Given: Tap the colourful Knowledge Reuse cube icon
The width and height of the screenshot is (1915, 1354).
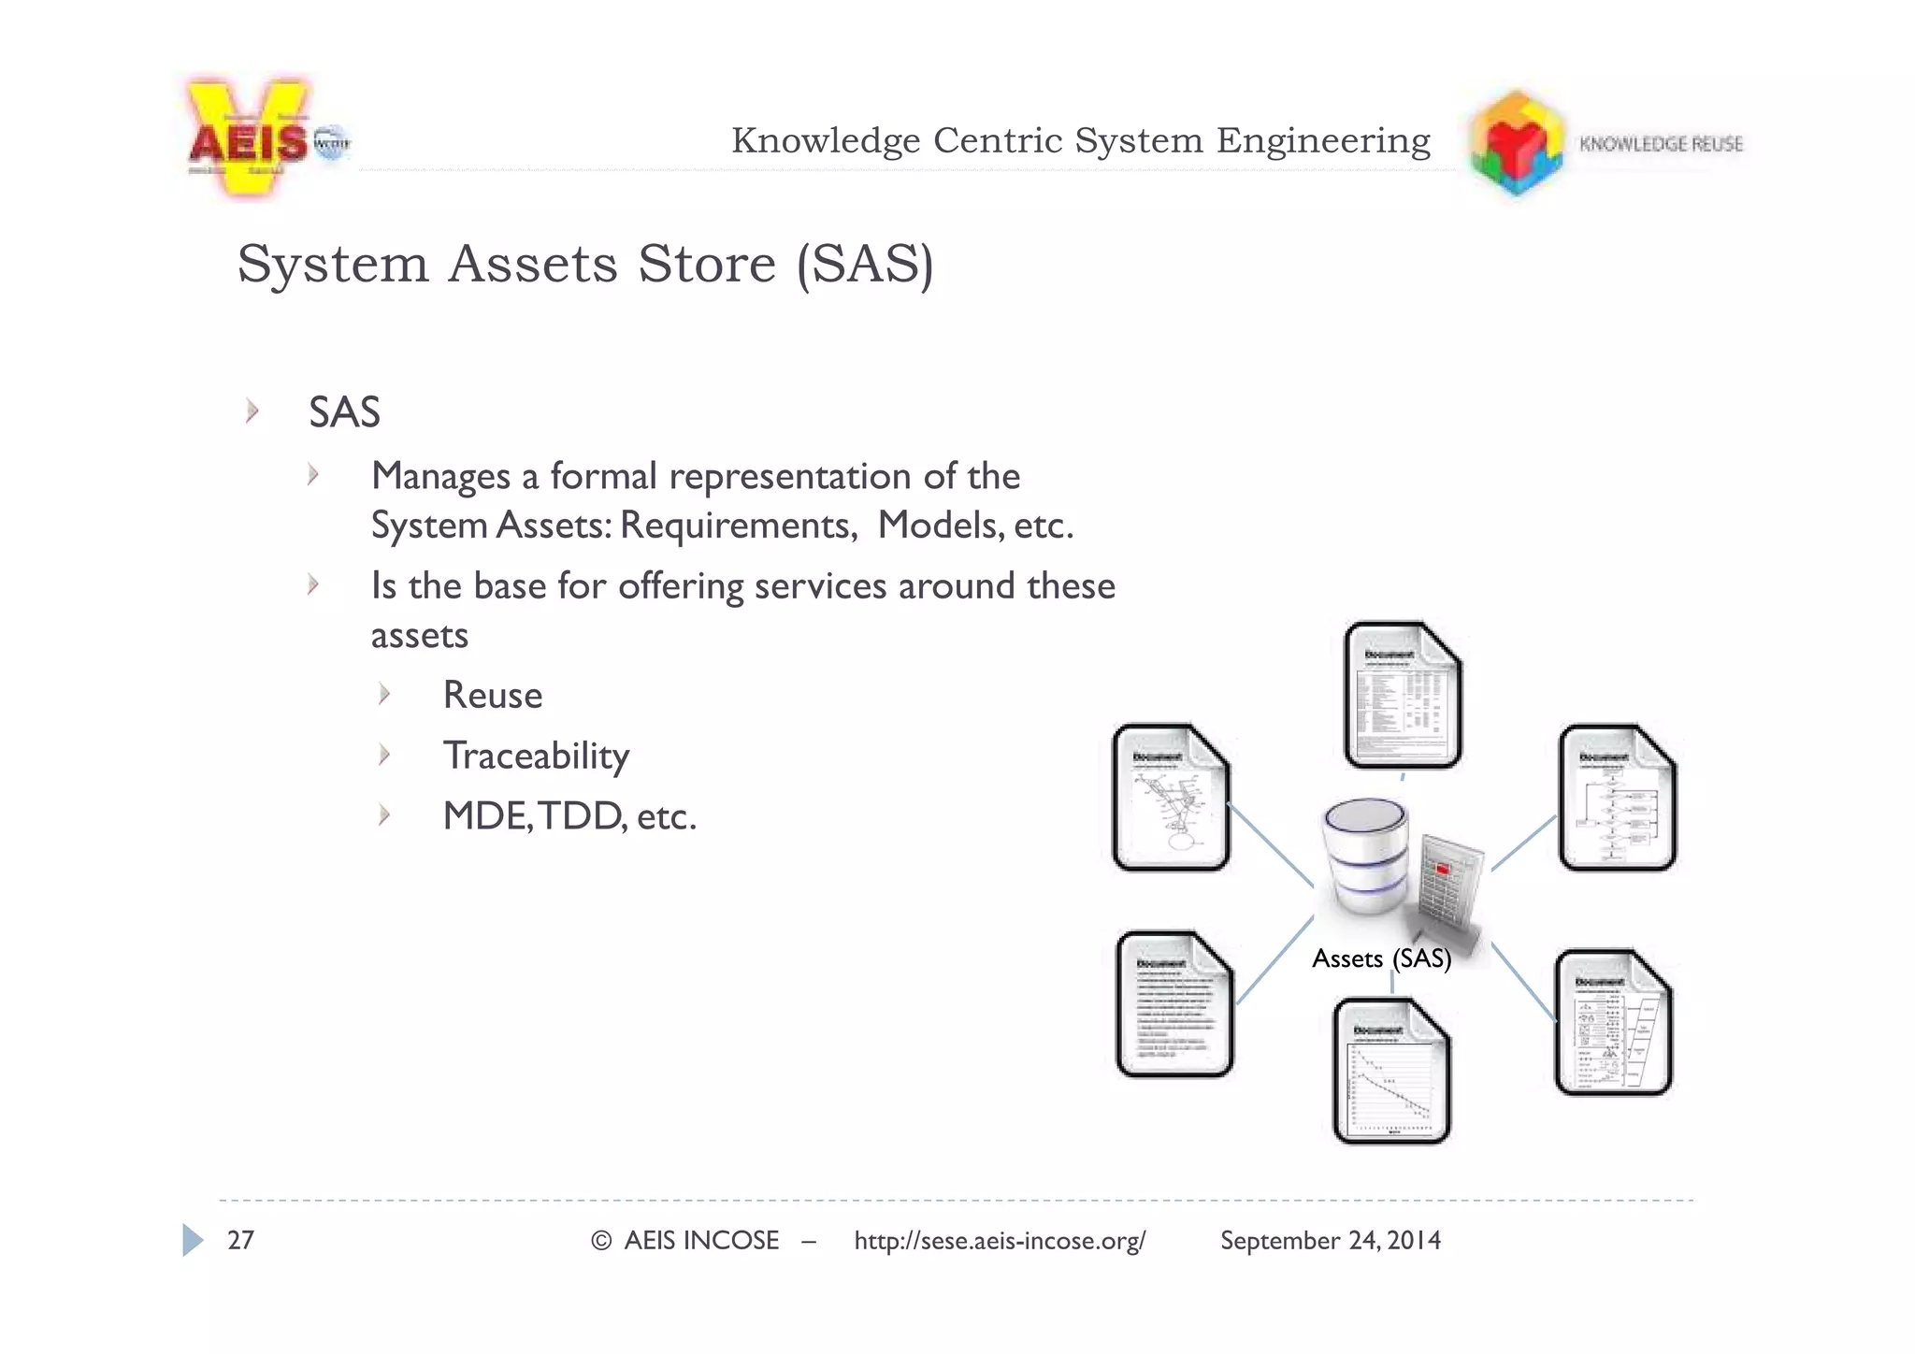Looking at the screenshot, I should point(1516,143).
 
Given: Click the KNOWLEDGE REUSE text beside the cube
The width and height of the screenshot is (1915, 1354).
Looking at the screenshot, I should point(1661,144).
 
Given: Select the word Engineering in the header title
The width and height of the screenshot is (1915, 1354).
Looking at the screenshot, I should point(1323,141).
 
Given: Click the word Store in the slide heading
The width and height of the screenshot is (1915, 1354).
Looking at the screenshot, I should point(706,264).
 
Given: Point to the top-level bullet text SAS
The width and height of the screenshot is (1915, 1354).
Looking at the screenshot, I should point(344,412).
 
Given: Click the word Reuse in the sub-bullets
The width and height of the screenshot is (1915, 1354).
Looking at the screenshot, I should point(492,696).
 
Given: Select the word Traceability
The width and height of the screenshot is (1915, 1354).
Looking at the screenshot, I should point(536,756).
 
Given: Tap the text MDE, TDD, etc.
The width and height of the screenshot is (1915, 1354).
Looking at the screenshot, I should point(569,816).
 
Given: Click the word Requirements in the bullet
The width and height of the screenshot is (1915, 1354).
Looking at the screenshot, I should point(738,526).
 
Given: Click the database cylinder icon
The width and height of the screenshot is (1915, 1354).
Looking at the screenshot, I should point(1365,855).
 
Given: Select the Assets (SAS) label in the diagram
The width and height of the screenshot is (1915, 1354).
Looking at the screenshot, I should point(1381,958).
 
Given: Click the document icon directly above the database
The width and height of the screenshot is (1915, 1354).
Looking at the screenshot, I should point(1403,696).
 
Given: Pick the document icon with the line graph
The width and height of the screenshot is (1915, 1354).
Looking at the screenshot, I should point(1391,1072).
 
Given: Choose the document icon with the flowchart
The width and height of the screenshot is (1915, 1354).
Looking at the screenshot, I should point(1617,798).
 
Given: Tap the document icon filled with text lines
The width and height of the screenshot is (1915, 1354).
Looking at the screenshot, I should point(1174,1004).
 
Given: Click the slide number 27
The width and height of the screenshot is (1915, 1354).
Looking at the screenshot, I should point(240,1241).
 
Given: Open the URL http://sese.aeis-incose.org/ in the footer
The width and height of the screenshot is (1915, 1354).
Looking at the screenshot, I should point(1000,1241).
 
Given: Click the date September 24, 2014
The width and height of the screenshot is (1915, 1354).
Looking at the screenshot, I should point(1330,1241).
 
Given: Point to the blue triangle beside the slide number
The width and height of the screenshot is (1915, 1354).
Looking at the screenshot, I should point(192,1240).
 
